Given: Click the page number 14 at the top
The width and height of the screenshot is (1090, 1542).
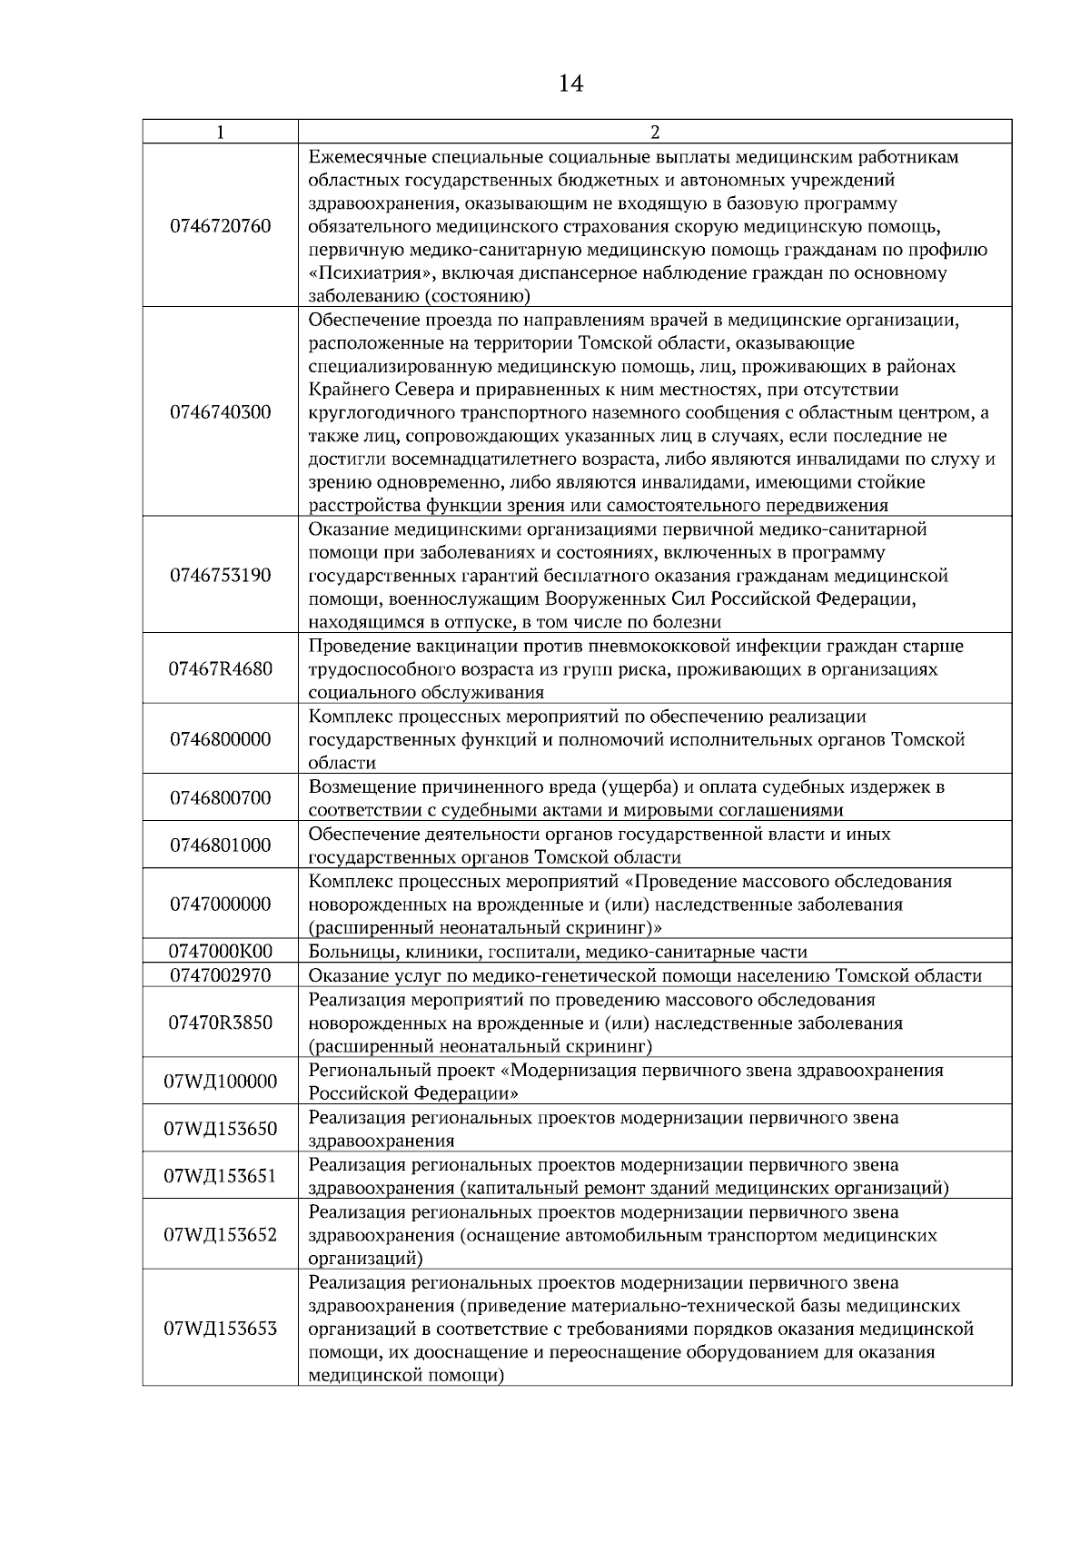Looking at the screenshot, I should [570, 84].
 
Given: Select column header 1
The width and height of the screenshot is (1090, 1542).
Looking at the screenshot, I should [221, 133].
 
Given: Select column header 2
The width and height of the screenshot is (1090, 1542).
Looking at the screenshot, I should [655, 133].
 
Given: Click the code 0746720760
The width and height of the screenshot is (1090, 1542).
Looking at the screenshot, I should [221, 226].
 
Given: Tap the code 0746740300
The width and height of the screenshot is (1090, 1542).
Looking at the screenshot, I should [221, 412].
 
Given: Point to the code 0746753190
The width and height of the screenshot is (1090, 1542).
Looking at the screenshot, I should [221, 575].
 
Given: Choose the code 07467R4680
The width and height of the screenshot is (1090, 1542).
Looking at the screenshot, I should [221, 669].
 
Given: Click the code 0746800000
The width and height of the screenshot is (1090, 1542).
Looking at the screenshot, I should [221, 739].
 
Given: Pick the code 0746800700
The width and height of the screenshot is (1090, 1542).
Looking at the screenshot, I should [221, 798].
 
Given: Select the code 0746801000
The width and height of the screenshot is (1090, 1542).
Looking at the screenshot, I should [221, 845].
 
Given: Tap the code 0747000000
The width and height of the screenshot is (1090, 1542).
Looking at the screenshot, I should [221, 904].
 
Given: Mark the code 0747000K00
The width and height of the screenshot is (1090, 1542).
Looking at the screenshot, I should [221, 951].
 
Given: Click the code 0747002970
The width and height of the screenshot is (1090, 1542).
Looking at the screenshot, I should [221, 975].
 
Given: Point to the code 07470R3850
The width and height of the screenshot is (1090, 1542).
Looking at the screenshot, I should [221, 1023].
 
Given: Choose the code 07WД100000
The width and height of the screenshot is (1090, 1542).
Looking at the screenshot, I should [221, 1082].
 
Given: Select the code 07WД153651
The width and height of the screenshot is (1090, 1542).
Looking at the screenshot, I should [221, 1176].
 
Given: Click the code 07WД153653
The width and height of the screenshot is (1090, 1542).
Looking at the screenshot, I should [221, 1329].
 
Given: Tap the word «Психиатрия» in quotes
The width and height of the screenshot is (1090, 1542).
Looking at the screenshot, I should [357, 272].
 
